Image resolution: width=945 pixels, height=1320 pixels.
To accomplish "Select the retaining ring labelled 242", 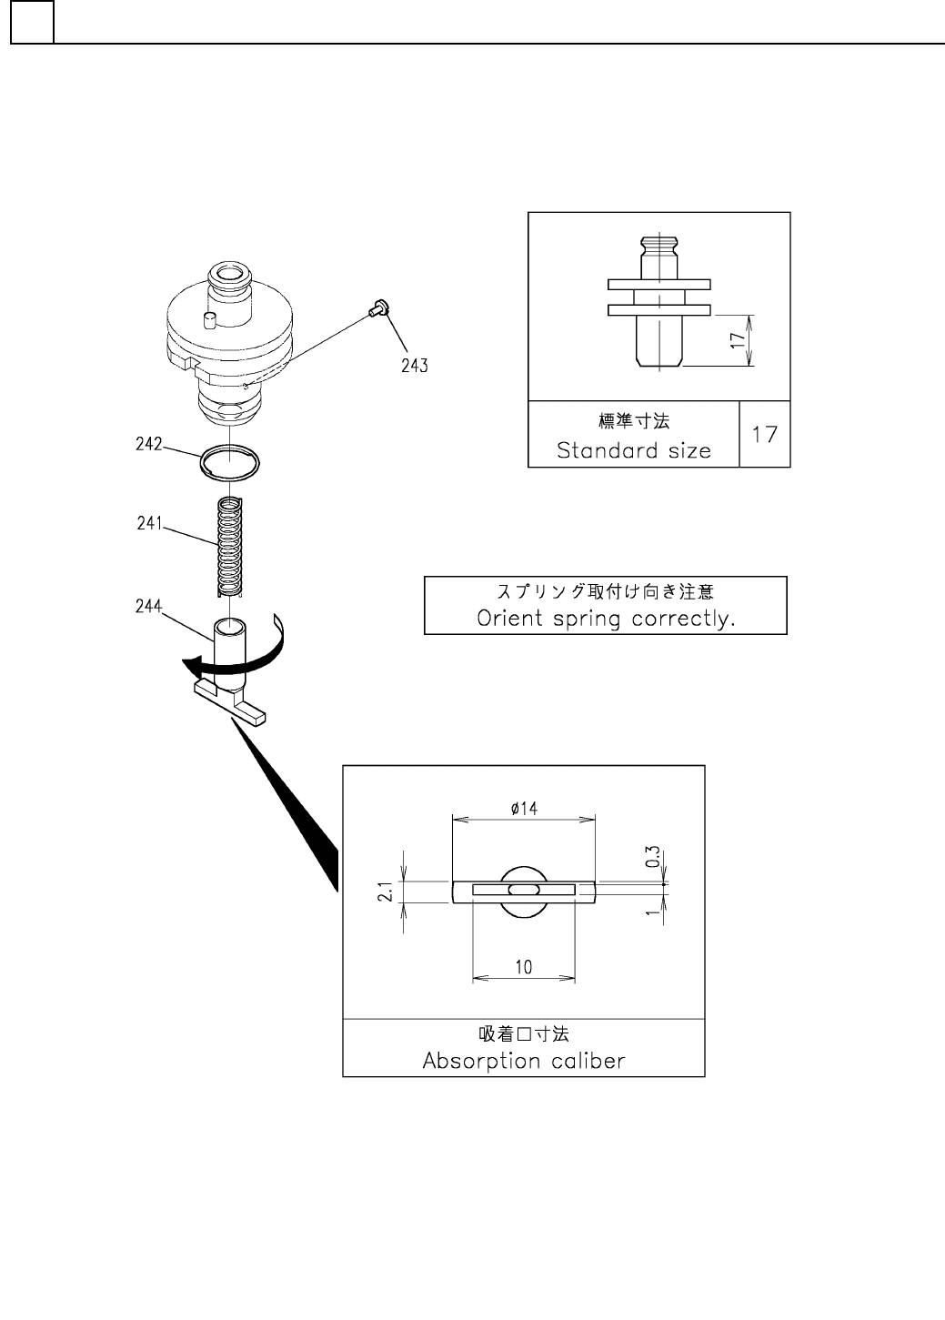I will tap(231, 461).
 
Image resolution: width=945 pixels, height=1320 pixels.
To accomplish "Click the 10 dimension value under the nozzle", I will tap(524, 967).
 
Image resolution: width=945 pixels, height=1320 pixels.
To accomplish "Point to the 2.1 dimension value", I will tap(386, 892).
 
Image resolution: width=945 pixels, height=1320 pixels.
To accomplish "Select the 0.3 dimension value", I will tap(652, 858).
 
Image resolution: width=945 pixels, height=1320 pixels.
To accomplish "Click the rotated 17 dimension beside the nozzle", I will tap(738, 340).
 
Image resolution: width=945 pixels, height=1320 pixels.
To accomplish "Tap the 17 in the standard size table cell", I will tap(765, 434).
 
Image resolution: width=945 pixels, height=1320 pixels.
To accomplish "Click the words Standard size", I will tap(633, 450).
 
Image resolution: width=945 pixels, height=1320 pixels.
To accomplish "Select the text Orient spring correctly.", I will tap(606, 619).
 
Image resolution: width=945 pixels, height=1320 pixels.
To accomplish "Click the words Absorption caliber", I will tap(524, 1061).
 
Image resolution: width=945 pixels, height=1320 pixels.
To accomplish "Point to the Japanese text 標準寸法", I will tap(633, 422).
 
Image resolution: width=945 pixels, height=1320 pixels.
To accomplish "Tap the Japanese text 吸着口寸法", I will tap(524, 1033).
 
